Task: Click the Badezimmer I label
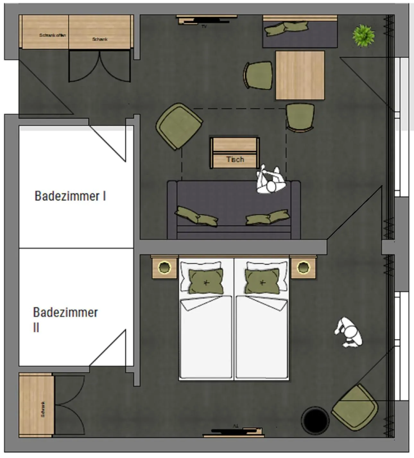point(70,196)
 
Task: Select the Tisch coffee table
point(235,153)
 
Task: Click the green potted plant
point(363,36)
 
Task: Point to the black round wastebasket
point(315,420)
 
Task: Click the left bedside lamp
point(164,267)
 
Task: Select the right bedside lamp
point(303,267)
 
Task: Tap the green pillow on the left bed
point(206,282)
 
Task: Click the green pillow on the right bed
point(262,281)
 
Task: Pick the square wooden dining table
point(300,75)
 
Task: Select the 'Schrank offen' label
point(52,35)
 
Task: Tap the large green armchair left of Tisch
point(179,126)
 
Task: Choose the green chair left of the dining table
point(259,75)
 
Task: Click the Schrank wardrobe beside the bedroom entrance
point(36,405)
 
